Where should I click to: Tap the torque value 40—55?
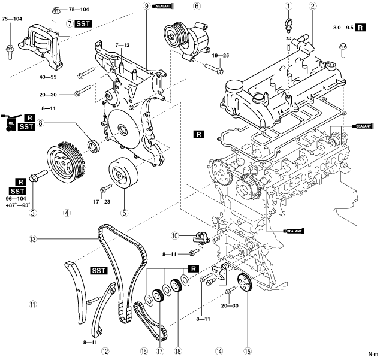(64, 77)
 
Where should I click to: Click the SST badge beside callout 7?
(83, 23)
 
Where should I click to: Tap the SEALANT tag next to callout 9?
(163, 6)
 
